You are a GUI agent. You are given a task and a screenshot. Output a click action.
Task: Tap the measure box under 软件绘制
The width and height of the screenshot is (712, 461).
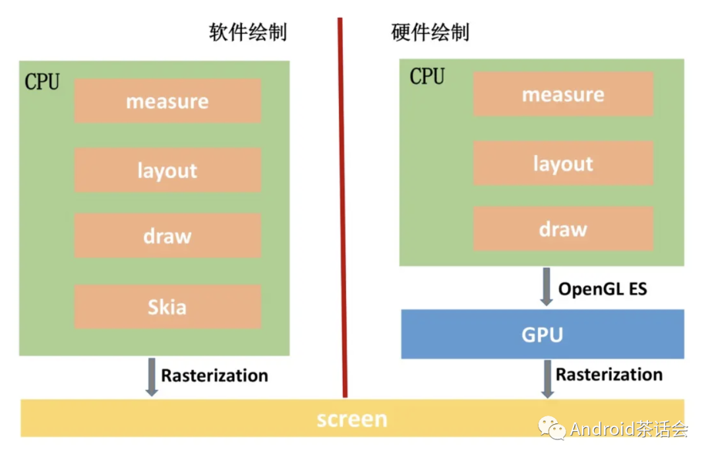pos(167,101)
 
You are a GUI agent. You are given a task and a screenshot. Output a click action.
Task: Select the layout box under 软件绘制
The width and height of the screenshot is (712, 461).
pos(167,170)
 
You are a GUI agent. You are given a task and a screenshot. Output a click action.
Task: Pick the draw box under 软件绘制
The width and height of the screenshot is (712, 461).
pos(167,235)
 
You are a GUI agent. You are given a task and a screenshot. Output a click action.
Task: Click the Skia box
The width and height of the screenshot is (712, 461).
pos(167,307)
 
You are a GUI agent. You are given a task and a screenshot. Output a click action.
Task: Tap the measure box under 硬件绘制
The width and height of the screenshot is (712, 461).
pos(563,94)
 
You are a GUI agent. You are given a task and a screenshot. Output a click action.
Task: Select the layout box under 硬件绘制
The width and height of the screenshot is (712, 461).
pos(563,163)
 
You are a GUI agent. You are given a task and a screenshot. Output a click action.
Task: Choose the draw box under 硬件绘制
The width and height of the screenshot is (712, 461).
pos(563,228)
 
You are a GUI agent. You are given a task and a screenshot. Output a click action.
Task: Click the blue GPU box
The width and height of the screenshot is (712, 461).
pos(543,334)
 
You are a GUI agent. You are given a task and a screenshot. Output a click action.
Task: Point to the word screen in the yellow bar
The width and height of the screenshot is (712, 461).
pos(352,419)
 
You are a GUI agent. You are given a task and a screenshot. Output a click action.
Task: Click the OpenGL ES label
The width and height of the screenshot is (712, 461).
pos(603,289)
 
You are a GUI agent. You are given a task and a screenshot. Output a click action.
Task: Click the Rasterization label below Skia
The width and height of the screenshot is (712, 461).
pos(215,376)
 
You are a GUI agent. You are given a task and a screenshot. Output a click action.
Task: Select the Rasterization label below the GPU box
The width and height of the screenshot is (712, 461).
pos(609,375)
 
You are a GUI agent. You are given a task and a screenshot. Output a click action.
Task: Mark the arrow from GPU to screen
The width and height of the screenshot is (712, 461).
pos(547,379)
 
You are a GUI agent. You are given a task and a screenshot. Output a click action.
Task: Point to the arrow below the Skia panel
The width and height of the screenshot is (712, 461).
pos(152,377)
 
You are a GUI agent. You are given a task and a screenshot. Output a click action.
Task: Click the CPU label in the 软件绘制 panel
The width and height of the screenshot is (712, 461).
pos(42,82)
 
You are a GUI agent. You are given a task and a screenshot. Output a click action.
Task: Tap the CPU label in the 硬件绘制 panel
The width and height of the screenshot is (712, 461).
pos(427,77)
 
